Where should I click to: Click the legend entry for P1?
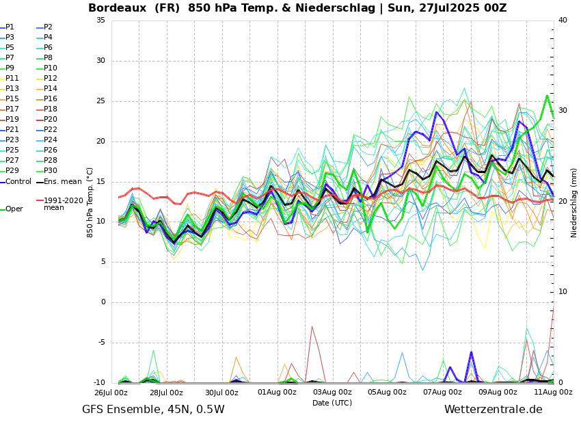coord(10,27)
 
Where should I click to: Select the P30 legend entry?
coord(51,171)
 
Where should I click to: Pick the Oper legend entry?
coord(14,209)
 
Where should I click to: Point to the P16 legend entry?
coord(51,99)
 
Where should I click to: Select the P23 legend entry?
coord(12,140)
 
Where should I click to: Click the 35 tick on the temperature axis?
coord(100,21)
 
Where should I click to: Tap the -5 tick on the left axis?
coord(100,343)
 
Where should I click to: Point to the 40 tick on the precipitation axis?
coord(563,21)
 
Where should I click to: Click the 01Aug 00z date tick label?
coord(277,393)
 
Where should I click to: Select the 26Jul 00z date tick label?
coord(111,393)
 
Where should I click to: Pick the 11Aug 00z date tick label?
coord(553,393)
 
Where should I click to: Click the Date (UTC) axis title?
coord(332,403)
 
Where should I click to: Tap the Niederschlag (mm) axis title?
coord(574,202)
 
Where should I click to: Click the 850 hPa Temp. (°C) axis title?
coord(90,202)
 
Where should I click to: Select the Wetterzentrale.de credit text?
coord(493,410)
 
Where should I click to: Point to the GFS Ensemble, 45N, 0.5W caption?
coord(153,410)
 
